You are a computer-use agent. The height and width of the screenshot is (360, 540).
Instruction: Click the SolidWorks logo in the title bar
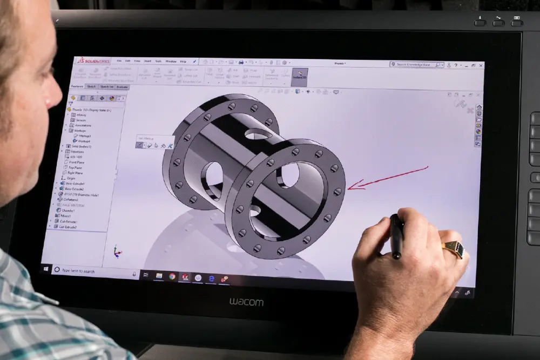point(93,60)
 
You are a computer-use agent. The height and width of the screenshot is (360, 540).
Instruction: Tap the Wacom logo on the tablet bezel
point(246,302)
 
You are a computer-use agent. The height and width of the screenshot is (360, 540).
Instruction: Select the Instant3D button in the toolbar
point(299,77)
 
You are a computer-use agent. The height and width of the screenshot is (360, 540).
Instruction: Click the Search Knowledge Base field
point(416,65)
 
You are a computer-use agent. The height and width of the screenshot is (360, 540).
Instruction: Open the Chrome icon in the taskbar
point(172,276)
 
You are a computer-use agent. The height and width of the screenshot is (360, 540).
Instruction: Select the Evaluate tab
point(122,86)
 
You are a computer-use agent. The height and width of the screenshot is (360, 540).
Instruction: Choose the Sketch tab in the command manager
point(91,86)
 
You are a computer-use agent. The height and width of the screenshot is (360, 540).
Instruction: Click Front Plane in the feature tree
point(76,162)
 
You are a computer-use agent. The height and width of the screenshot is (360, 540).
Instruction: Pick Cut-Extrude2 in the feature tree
point(68,227)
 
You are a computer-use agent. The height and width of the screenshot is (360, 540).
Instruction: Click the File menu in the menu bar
point(119,60)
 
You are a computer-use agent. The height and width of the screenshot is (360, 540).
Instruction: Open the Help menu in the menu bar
point(183,61)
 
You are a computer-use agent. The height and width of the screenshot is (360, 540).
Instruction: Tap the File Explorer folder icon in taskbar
point(159,275)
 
